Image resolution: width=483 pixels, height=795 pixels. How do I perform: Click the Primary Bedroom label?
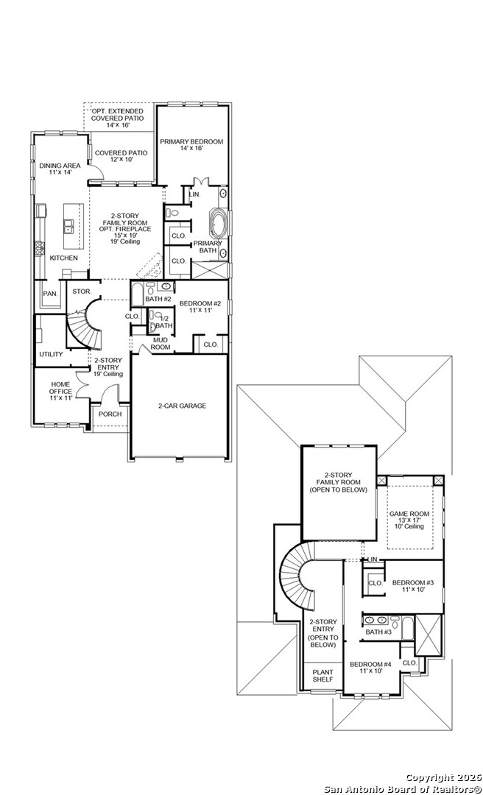tap(191, 145)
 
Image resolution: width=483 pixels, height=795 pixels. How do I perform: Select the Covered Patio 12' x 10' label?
tap(121, 157)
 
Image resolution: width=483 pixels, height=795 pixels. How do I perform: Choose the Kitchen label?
tap(63, 258)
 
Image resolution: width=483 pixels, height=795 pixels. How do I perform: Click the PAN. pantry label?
tap(50, 293)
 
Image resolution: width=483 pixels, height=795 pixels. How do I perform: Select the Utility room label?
tap(51, 354)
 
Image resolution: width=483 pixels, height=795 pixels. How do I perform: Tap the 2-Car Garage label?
tap(182, 406)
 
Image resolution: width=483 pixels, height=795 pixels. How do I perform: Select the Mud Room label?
tap(161, 343)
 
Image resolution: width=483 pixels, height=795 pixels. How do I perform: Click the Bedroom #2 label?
tap(200, 307)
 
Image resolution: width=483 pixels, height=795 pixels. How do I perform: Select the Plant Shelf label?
tap(322, 676)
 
